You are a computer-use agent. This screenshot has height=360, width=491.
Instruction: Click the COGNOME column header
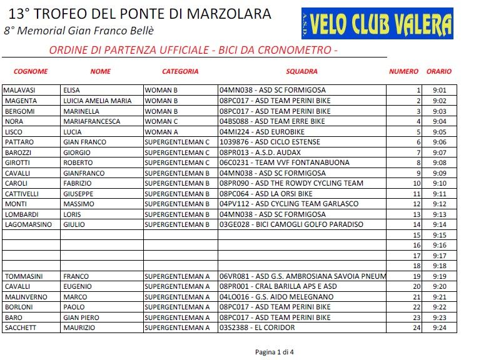31,72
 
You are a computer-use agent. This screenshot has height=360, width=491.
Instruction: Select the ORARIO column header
439,72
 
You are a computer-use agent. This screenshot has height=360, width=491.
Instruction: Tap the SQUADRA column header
302,72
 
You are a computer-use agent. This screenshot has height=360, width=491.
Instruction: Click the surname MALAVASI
20,90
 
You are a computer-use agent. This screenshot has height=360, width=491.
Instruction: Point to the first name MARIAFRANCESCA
91,121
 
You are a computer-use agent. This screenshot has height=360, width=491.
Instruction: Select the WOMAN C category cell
161,121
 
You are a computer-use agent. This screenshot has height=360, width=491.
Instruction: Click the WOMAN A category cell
161,132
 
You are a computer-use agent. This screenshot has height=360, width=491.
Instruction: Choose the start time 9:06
439,142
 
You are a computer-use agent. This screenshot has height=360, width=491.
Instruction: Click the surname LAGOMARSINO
28,224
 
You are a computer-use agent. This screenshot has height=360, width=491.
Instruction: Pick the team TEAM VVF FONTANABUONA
284,162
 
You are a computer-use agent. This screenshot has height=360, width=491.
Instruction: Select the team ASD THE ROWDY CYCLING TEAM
291,183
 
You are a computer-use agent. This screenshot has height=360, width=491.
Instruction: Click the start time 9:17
439,256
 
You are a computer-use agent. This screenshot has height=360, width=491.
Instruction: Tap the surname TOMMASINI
24,276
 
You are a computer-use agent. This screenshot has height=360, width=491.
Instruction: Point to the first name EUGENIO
77,286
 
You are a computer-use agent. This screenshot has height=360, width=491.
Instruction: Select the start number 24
417,327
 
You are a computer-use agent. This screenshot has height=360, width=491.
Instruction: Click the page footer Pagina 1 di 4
274,352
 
